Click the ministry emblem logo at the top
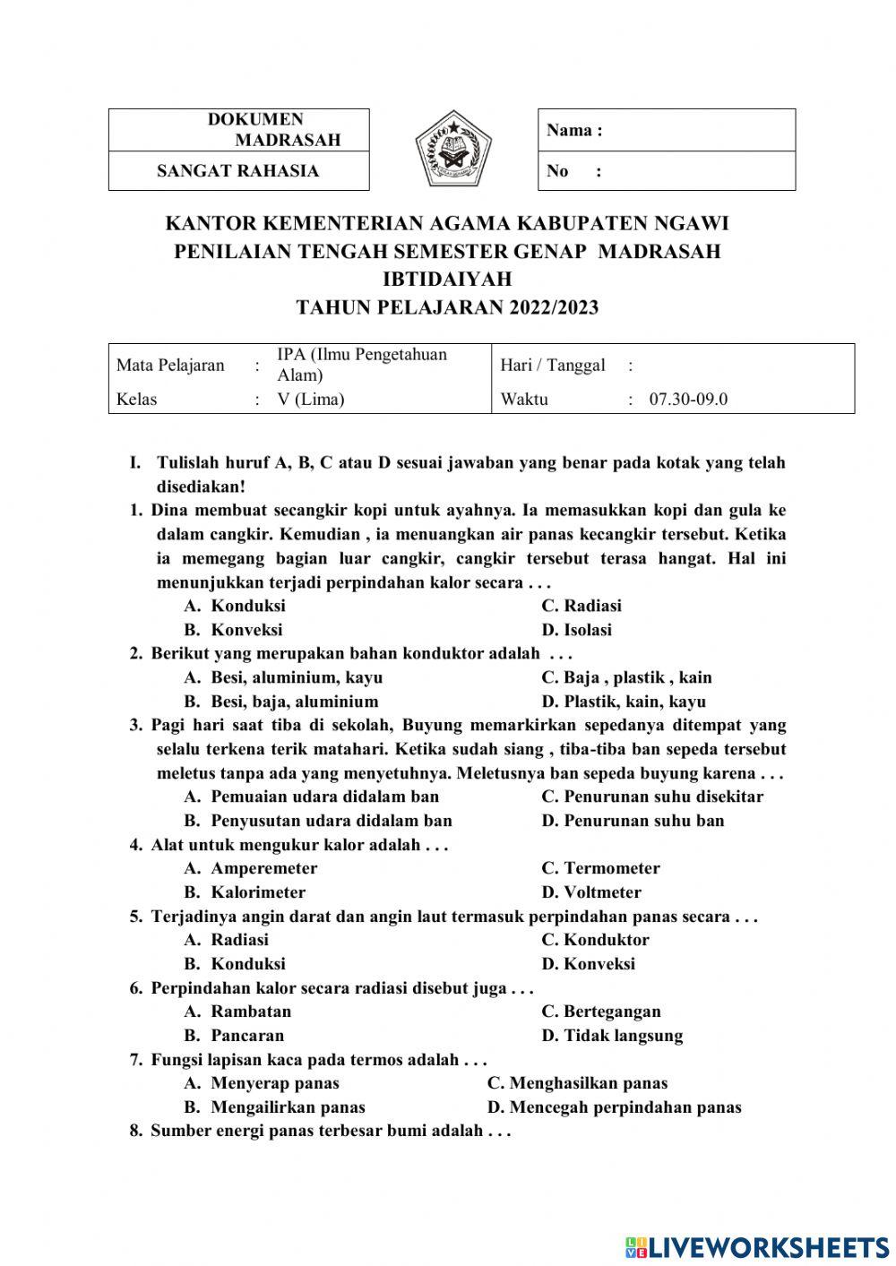point(453,150)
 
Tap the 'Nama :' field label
point(574,131)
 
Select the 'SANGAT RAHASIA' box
point(238,171)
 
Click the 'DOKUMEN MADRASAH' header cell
point(238,130)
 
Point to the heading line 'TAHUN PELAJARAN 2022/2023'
point(447,308)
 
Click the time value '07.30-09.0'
point(688,400)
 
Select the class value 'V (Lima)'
point(310,400)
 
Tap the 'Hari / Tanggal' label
point(553,366)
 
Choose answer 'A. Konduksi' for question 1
point(235,607)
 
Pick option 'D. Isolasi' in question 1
point(577,630)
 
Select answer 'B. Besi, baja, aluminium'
point(281,702)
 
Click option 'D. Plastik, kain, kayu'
point(624,702)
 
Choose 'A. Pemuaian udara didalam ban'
point(312,797)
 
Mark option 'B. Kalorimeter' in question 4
point(245,892)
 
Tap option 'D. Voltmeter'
point(591,892)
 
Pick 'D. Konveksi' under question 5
point(588,964)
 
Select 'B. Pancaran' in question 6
point(234,1036)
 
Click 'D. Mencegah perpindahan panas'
point(615,1107)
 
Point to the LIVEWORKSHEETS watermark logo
point(757,1247)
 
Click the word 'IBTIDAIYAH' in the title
point(447,280)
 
